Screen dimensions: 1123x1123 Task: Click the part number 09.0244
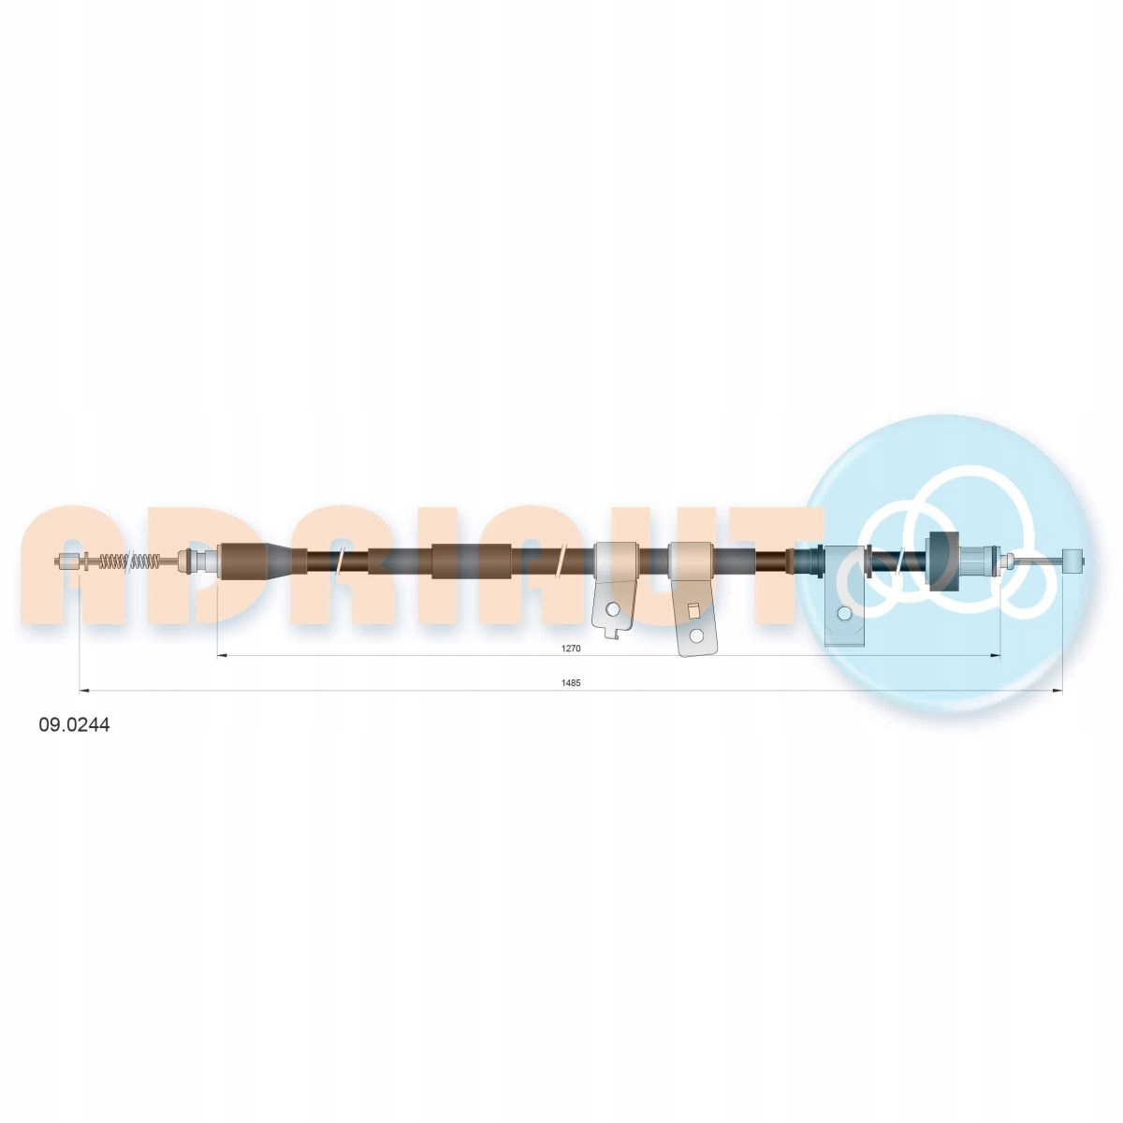pyautogui.click(x=74, y=726)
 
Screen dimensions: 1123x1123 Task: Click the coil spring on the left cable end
pyautogui.click(x=129, y=561)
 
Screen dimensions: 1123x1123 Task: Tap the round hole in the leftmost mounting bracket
pyautogui.click(x=612, y=609)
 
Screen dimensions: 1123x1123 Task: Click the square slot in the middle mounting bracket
pyautogui.click(x=693, y=611)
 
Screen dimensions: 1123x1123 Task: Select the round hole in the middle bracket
pyautogui.click(x=695, y=634)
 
